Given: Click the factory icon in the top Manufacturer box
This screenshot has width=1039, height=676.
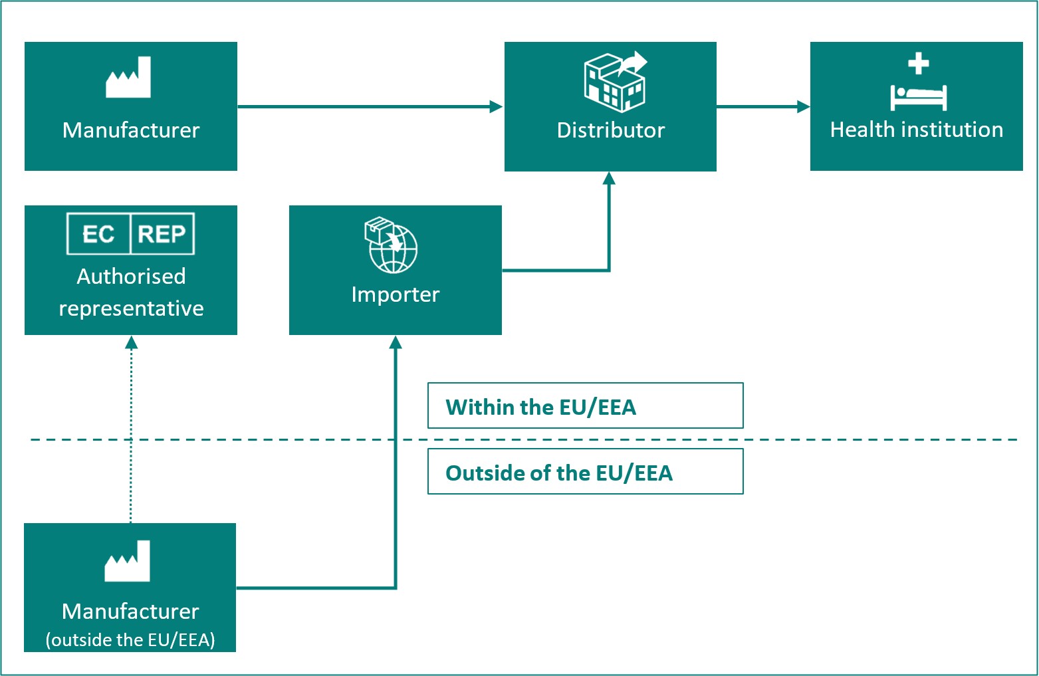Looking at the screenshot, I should coord(128,78).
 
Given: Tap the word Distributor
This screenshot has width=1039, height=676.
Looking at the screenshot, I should coord(610,130).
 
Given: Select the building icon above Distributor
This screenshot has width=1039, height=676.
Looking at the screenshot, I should coord(614,82).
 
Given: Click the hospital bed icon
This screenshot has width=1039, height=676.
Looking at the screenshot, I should coord(918,98).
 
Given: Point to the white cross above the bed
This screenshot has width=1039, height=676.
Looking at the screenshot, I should coord(919,64).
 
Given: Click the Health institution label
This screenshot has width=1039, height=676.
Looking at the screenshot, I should coord(916,130).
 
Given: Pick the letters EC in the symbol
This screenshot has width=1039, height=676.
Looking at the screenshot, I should coord(98,234).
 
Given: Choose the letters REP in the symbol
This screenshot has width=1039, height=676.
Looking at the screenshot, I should coord(162,234).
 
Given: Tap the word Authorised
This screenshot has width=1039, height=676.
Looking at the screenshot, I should coord(131,277).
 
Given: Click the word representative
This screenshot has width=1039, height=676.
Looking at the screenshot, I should coord(131,308).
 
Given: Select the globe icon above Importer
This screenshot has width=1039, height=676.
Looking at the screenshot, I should coord(392,246).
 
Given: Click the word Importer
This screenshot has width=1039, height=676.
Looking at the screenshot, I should coord(395,294).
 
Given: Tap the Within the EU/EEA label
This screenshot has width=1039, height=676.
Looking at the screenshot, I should coord(540,407).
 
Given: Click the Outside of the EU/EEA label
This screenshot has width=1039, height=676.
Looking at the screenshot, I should coord(558,473).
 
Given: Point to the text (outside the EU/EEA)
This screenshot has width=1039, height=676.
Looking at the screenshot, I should coord(130,639).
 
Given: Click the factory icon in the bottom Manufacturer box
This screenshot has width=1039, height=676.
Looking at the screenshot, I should coord(128,561).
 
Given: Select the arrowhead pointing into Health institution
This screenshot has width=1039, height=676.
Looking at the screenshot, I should coord(803,106).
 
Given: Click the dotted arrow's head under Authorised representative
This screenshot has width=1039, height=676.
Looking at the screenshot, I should coord(131,342).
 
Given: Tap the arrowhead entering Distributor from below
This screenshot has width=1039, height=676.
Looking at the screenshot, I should coord(609,178).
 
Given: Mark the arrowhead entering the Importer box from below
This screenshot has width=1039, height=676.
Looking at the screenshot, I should coord(396,342).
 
